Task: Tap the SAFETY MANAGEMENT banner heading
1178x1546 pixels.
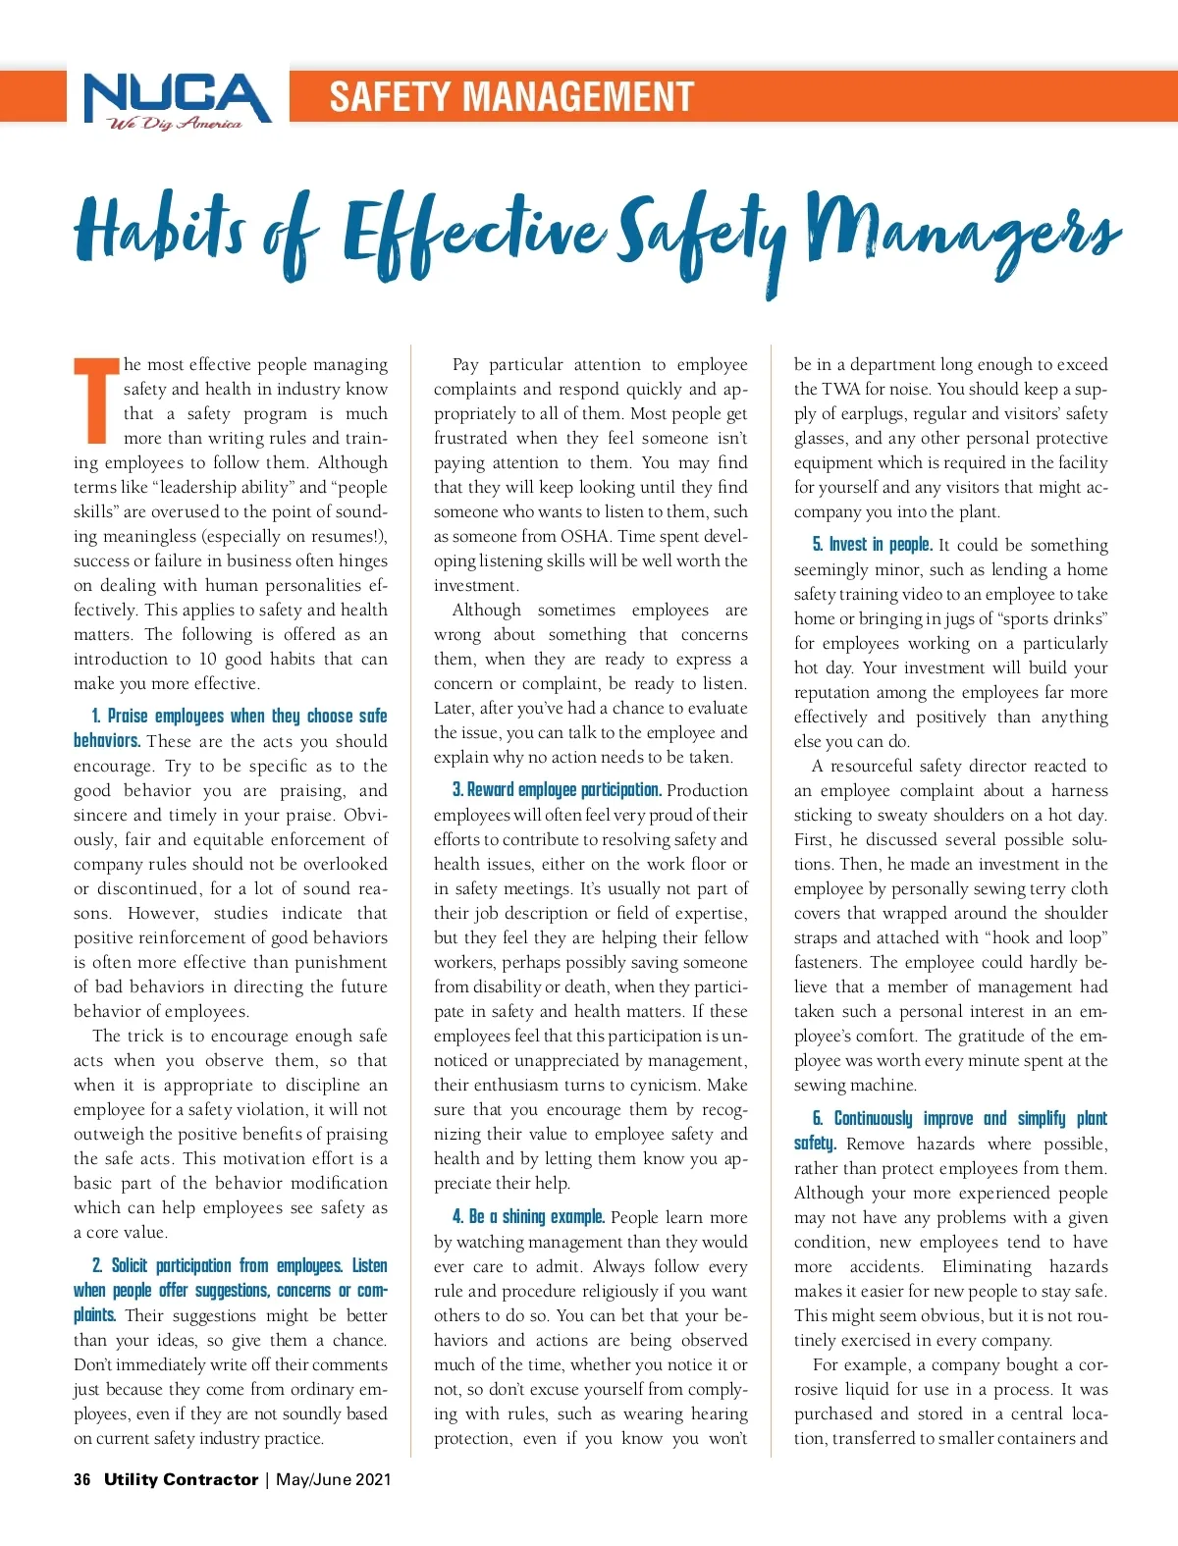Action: (510, 97)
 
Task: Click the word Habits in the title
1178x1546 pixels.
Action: (158, 229)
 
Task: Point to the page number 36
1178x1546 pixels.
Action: (82, 1479)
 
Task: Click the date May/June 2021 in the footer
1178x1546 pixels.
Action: (334, 1479)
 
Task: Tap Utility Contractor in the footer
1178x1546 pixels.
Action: (182, 1479)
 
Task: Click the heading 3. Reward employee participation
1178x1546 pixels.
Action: (557, 790)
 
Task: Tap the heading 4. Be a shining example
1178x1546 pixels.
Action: (528, 1217)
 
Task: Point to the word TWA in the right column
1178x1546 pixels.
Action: (840, 389)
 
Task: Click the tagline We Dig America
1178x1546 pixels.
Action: (175, 124)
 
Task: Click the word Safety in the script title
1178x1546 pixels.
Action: (704, 236)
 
